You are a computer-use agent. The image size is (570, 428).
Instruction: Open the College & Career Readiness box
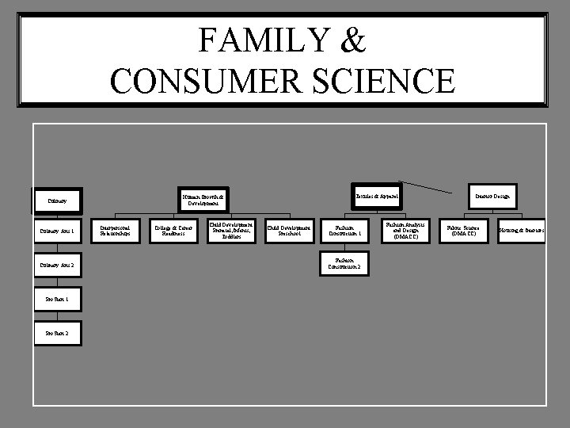pos(173,231)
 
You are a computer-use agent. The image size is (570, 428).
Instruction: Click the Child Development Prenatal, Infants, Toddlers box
pos(231,231)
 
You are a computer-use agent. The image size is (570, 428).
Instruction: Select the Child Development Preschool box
pos(289,231)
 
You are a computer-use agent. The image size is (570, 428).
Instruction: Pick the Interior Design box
pos(492,195)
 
